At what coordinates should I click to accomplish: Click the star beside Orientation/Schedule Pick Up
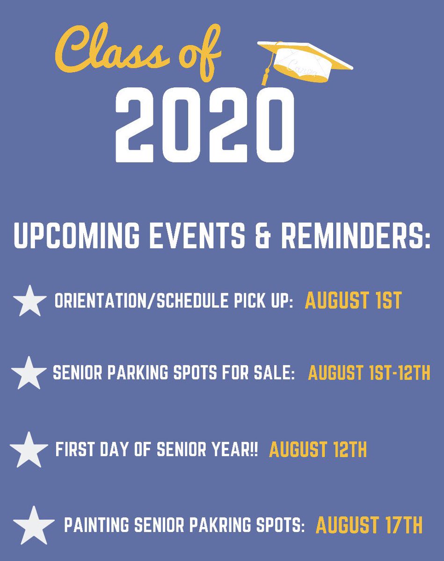tap(29, 301)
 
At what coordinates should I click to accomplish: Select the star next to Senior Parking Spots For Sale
tap(29, 373)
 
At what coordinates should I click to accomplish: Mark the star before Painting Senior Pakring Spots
tap(31, 524)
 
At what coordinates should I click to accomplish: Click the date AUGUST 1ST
tap(353, 301)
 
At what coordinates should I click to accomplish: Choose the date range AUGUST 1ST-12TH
tap(369, 374)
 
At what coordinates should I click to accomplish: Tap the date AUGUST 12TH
tap(318, 449)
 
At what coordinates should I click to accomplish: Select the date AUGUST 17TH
tap(369, 525)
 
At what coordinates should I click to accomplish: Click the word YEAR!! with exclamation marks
tap(238, 450)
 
